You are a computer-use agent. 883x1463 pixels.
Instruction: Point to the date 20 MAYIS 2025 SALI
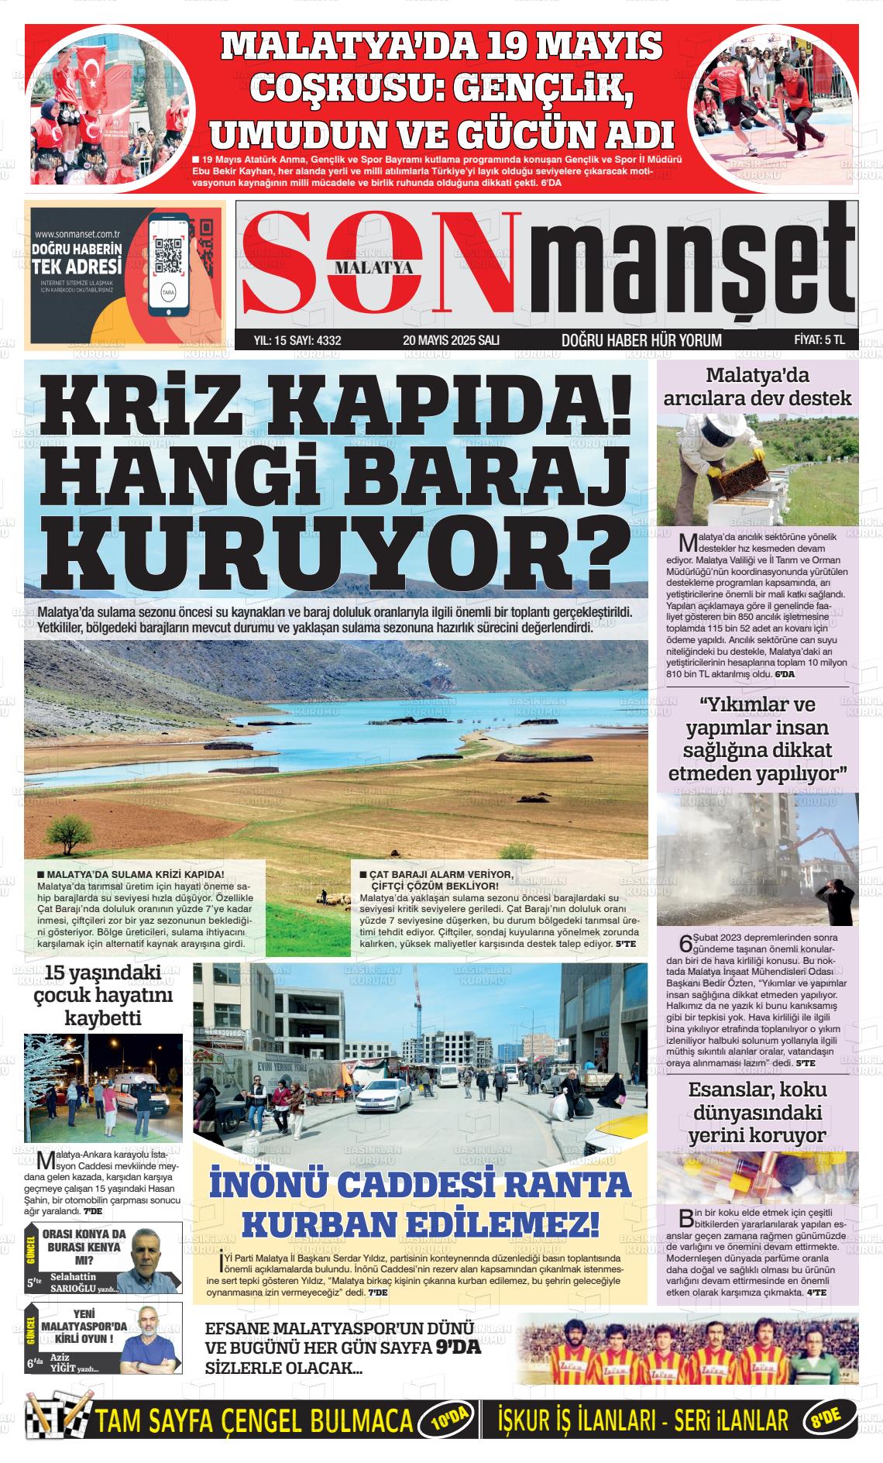[451, 339]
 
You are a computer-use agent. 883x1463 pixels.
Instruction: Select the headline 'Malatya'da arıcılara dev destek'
[758, 387]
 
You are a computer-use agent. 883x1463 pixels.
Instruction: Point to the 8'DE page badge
[830, 1420]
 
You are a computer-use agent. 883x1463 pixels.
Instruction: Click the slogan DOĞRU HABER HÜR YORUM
[641, 340]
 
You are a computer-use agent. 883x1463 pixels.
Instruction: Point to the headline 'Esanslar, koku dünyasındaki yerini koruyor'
[758, 1112]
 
